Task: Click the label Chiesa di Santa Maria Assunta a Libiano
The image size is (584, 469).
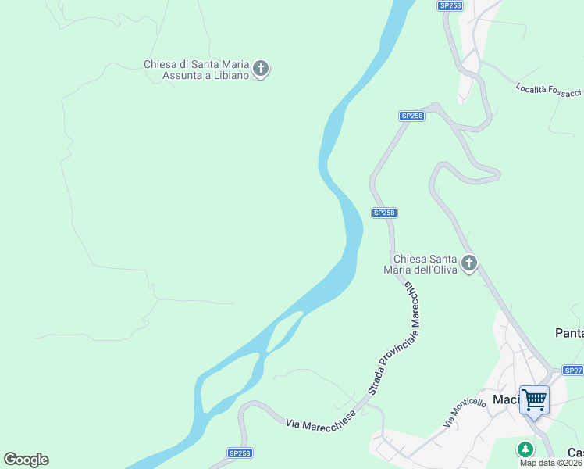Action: [x=196, y=70]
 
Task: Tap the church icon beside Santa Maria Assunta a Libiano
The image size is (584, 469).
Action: [x=262, y=70]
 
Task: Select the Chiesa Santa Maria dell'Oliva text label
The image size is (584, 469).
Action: [x=425, y=264]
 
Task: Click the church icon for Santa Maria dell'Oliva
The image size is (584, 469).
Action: [x=469, y=263]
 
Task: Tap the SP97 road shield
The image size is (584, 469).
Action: [x=573, y=370]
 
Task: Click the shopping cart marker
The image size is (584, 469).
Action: [x=535, y=400]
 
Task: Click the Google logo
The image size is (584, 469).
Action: [x=26, y=460]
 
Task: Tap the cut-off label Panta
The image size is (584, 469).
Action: [x=569, y=333]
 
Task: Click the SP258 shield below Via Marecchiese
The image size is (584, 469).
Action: [x=239, y=453]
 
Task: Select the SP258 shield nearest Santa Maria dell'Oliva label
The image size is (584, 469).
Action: [x=384, y=213]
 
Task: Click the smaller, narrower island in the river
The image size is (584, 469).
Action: [x=285, y=331]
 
